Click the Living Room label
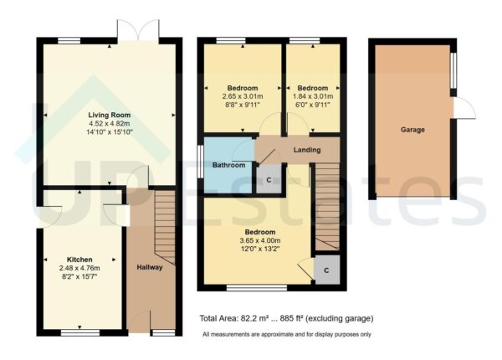111,115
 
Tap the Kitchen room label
80,260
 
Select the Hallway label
150,267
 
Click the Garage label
412,130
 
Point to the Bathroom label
228,166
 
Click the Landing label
307,151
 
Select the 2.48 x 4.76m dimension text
80,268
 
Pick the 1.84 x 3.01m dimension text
313,96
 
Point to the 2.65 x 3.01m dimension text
243,96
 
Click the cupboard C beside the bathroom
268,179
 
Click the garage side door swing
463,110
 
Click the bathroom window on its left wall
199,160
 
